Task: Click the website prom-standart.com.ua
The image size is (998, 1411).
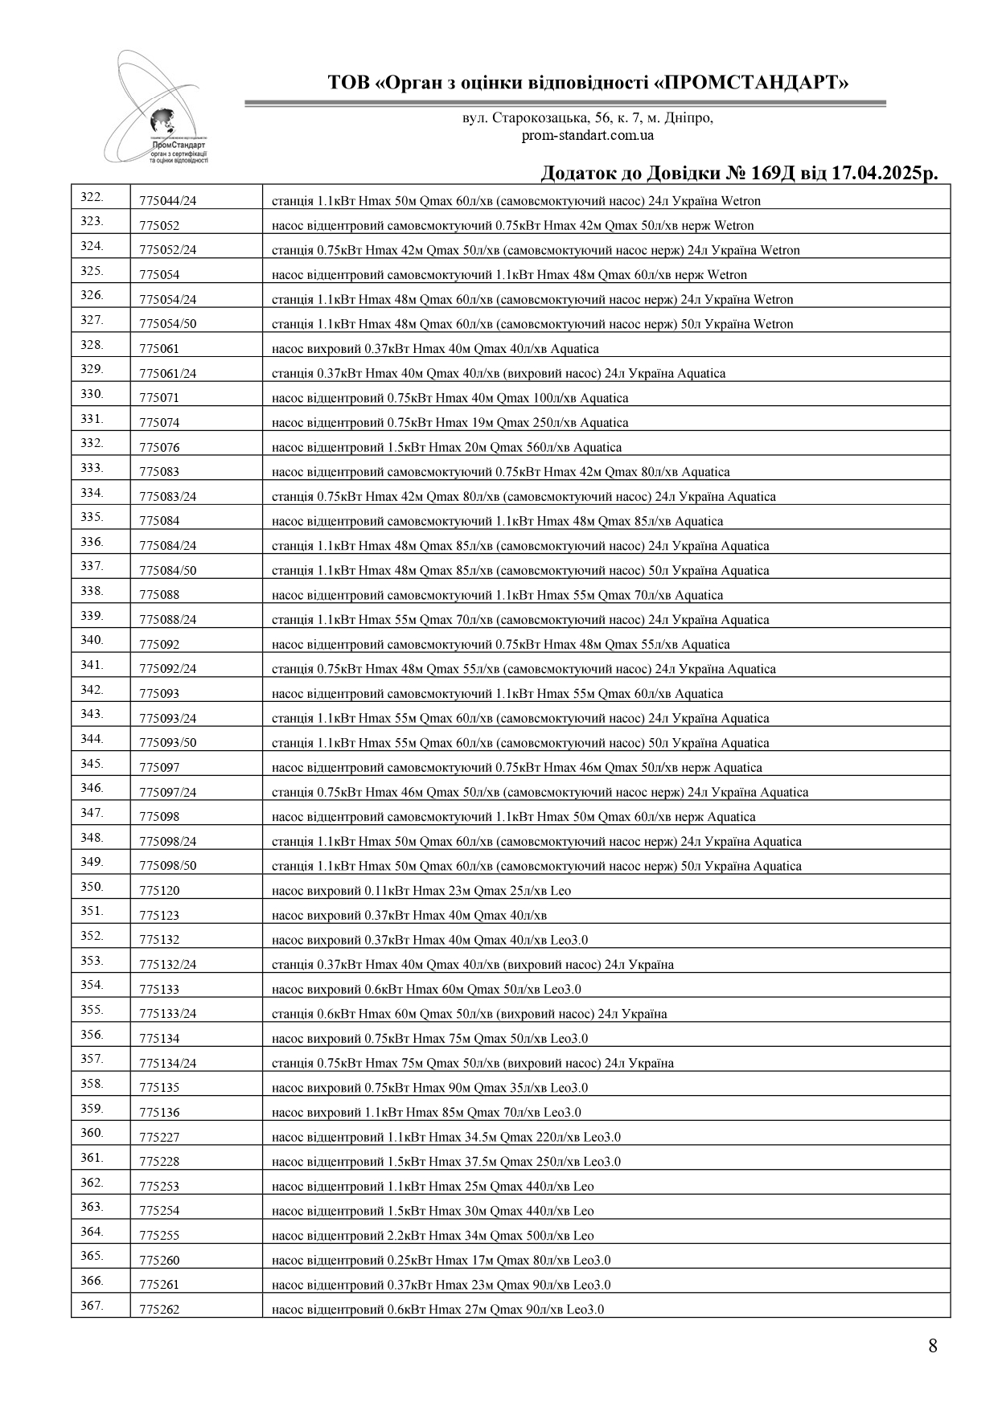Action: click(x=587, y=135)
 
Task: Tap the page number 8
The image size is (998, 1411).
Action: click(x=932, y=1346)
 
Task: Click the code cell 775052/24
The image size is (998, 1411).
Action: click(x=167, y=250)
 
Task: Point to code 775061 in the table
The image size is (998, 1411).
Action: click(x=159, y=349)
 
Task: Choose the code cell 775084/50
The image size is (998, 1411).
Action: click(x=167, y=571)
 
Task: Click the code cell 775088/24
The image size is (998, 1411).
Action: click(x=167, y=620)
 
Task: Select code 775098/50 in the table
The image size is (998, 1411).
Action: click(x=167, y=866)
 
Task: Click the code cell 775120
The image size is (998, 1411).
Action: click(x=159, y=891)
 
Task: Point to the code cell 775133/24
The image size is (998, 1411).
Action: click(x=167, y=1014)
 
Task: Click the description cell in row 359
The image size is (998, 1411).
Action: click(x=426, y=1113)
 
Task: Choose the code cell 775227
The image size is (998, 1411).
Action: click(x=159, y=1138)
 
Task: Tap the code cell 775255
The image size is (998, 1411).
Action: click(x=159, y=1236)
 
